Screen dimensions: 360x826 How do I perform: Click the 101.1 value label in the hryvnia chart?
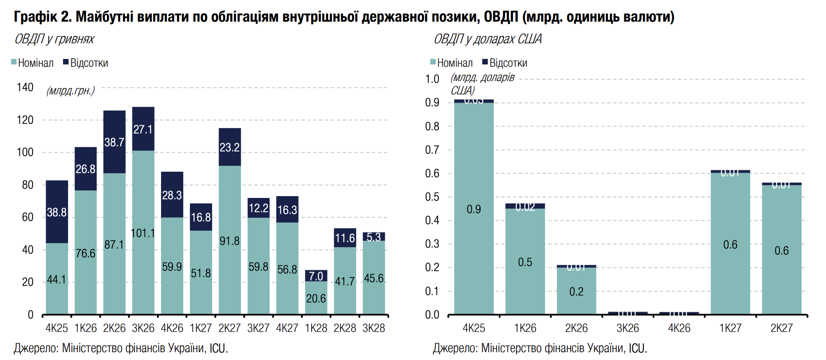(x=143, y=233)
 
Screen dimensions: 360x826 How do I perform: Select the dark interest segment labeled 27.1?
(x=143, y=129)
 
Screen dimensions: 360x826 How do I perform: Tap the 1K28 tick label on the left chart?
(x=316, y=328)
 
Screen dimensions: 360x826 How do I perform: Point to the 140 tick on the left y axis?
(x=25, y=87)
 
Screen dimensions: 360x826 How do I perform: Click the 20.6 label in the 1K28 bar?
(x=316, y=299)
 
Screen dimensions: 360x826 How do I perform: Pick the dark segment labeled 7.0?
(x=316, y=276)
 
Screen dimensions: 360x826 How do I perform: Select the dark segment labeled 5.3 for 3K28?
(x=374, y=237)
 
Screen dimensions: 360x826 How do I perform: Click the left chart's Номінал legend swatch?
(x=14, y=62)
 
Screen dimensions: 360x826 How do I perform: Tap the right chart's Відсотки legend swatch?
(x=485, y=62)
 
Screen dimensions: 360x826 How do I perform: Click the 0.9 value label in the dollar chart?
(x=474, y=209)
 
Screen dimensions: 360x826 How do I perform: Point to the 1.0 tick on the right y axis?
(x=432, y=79)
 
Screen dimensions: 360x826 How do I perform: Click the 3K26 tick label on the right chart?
(x=628, y=328)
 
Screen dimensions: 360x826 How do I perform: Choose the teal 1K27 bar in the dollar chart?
(x=730, y=244)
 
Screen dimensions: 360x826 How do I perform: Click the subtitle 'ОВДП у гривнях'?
(x=54, y=39)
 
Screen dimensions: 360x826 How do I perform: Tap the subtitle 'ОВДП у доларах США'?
(x=487, y=39)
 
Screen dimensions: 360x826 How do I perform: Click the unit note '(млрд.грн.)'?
(x=70, y=91)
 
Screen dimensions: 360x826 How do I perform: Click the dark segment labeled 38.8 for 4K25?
(x=57, y=212)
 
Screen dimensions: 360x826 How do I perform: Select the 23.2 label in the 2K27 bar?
(x=230, y=147)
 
